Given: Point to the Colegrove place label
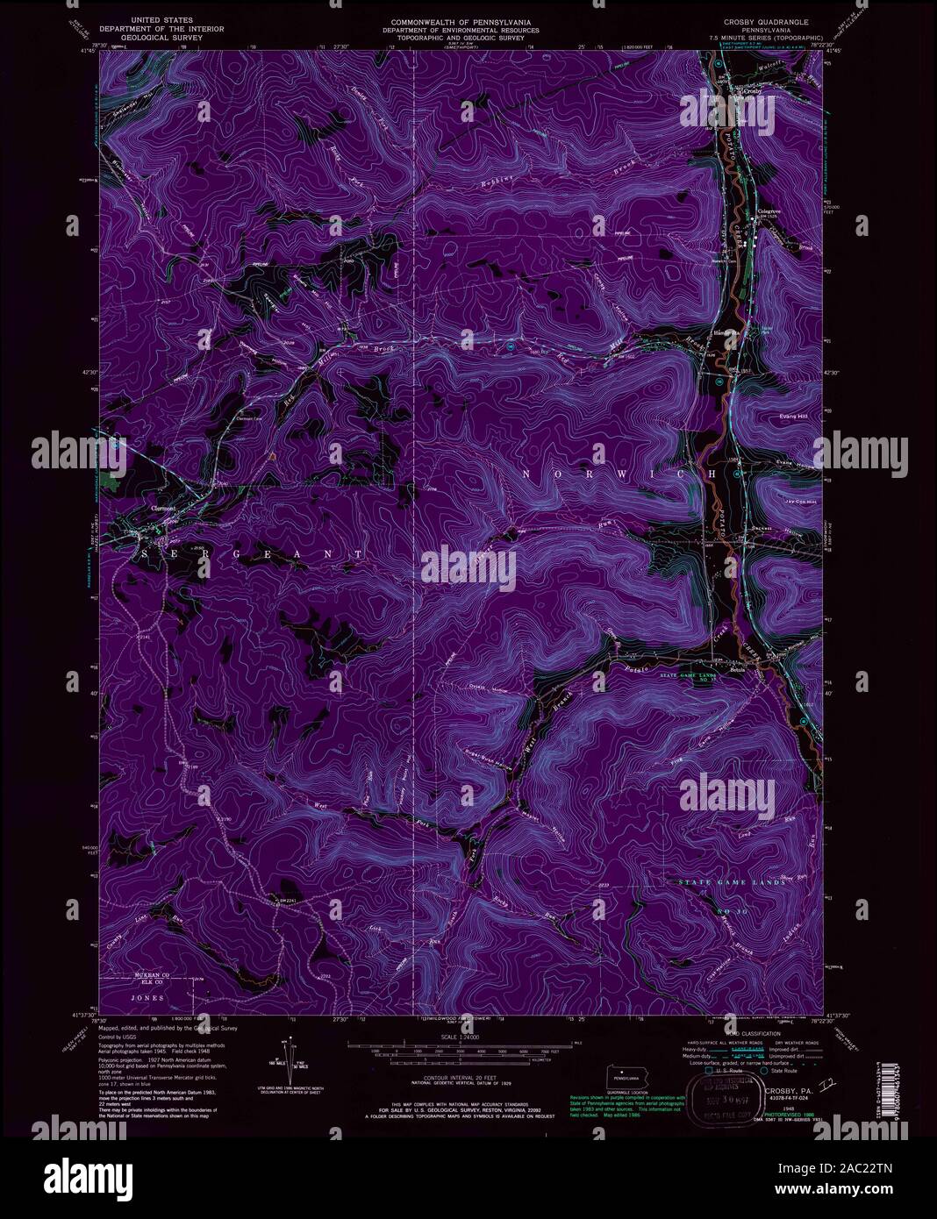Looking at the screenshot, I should [771, 211].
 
